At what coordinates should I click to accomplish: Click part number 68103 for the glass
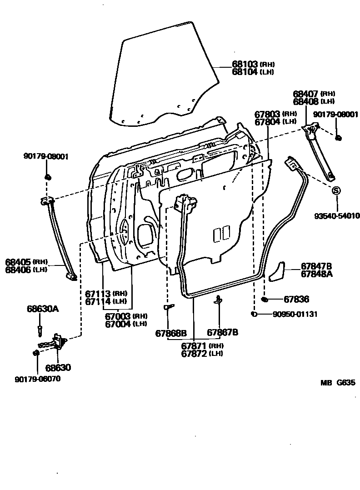click(245, 65)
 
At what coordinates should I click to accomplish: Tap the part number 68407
click(305, 94)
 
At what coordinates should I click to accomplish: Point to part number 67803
click(267, 114)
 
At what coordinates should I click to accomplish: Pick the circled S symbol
click(336, 191)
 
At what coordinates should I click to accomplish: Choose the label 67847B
click(316, 266)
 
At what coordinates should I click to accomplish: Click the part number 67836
click(296, 299)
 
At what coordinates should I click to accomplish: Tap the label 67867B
click(223, 332)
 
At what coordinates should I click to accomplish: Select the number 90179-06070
click(37, 379)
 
